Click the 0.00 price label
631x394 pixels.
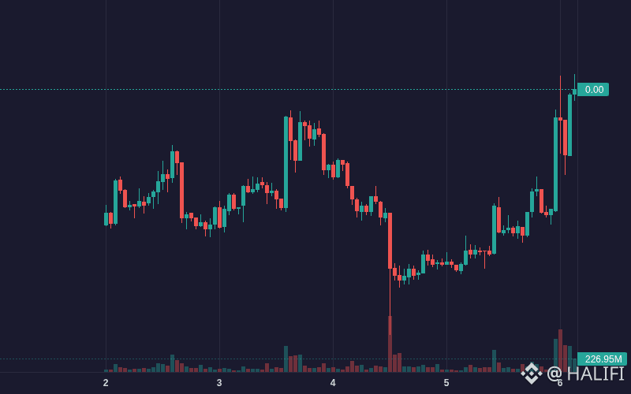click(x=593, y=89)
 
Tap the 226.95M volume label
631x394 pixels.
click(x=602, y=359)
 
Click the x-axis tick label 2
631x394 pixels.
click(x=106, y=383)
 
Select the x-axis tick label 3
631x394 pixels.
click(x=219, y=383)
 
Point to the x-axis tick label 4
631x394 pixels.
click(x=333, y=383)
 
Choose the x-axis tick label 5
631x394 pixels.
click(x=446, y=383)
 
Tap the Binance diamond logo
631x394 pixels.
click(x=532, y=373)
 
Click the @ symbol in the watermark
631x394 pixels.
click(x=554, y=374)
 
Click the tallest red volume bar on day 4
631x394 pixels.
click(x=390, y=344)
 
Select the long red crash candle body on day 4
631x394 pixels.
click(x=390, y=241)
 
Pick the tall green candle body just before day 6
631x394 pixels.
click(x=556, y=165)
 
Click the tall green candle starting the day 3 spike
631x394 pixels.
click(x=286, y=162)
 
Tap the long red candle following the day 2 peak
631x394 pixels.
click(x=182, y=190)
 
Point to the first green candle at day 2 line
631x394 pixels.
click(x=106, y=219)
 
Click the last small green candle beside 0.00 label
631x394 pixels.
click(x=575, y=92)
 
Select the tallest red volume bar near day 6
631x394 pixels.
click(x=560, y=351)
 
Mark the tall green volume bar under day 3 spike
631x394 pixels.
click(x=286, y=359)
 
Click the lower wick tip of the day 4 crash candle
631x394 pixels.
click(x=390, y=334)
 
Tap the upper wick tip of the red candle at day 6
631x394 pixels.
click(x=560, y=76)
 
